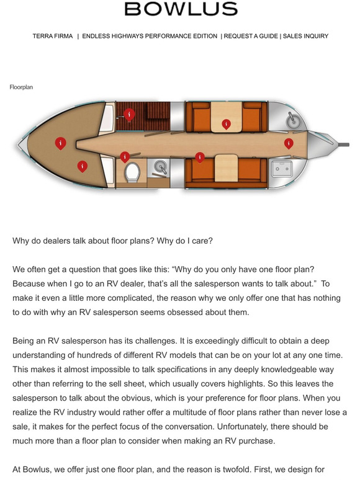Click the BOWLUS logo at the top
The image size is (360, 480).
(x=181, y=9)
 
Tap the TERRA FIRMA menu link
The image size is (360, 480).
(x=53, y=37)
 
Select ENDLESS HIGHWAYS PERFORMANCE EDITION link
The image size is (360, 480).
(x=150, y=37)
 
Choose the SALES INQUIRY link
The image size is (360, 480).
(x=305, y=37)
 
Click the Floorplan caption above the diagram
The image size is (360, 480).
(x=21, y=87)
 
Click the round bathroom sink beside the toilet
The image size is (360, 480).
(x=161, y=167)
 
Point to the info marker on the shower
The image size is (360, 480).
(x=129, y=114)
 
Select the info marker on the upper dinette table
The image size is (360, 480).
(x=226, y=124)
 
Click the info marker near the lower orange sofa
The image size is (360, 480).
(x=199, y=157)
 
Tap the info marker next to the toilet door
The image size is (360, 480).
(x=125, y=157)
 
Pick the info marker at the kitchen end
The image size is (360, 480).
(x=288, y=143)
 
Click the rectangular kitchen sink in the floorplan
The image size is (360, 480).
(x=282, y=167)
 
